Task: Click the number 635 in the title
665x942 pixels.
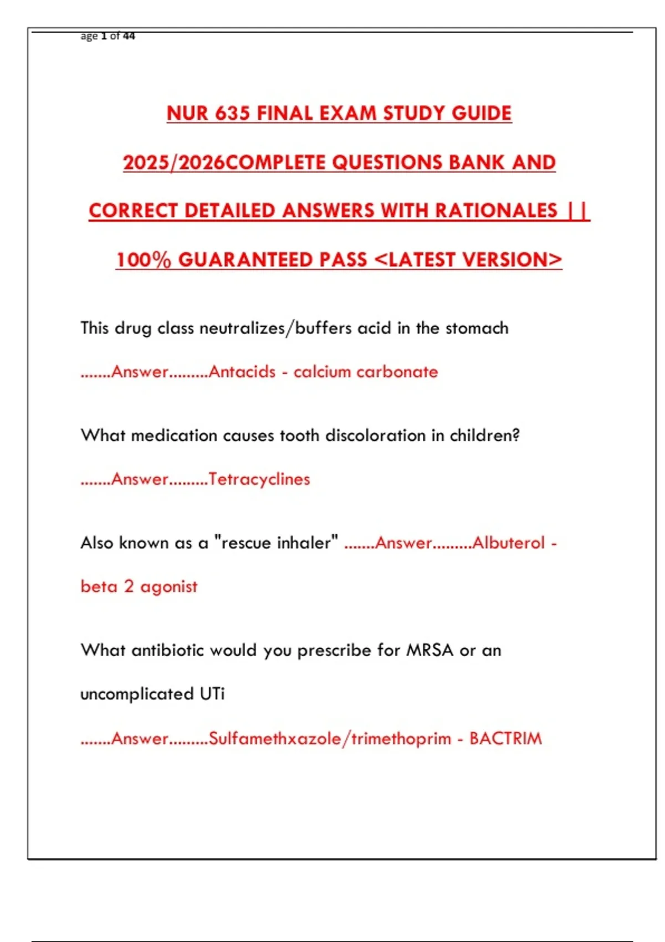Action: (x=233, y=114)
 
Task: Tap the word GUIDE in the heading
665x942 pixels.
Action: (x=481, y=114)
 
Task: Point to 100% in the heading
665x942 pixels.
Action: (x=144, y=260)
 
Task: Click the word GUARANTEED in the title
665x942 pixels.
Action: (x=272, y=260)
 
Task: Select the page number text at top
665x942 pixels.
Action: (x=108, y=36)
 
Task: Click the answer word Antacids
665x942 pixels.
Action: (x=242, y=372)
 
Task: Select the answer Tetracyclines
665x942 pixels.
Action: (x=259, y=479)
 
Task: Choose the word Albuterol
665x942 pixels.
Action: (x=509, y=543)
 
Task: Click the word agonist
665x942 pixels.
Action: (x=168, y=587)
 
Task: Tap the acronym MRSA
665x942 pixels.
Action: (x=430, y=650)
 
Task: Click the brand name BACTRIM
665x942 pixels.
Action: (x=505, y=739)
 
